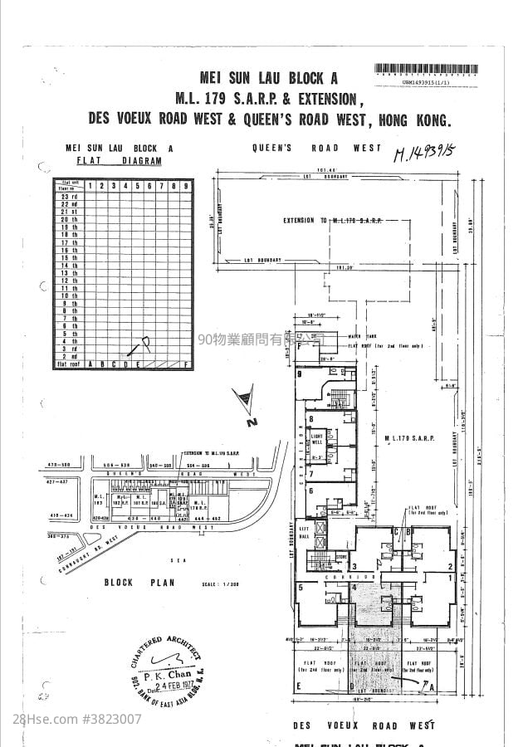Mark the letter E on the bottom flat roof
297,686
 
